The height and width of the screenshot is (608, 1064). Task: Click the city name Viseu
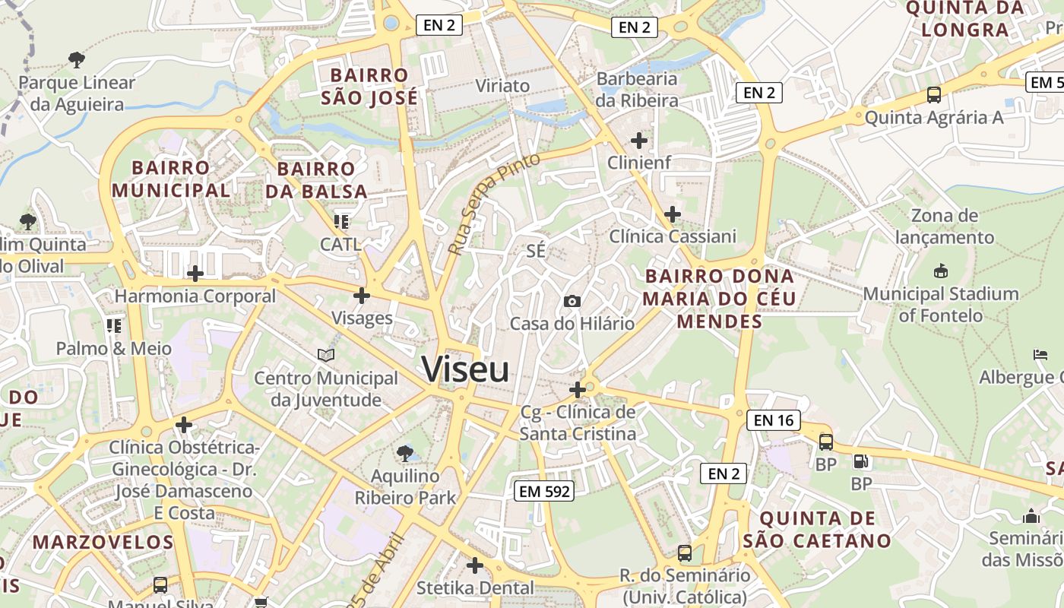465,370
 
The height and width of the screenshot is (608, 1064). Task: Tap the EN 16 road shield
774,420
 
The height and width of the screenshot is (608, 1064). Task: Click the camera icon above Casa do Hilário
572,302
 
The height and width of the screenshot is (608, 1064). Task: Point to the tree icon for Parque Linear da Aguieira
76,59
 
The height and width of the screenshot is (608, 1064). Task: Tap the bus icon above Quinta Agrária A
933,95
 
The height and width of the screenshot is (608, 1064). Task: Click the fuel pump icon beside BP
861,461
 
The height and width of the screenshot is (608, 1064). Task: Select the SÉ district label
536,251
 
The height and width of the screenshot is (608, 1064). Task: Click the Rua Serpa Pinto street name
493,203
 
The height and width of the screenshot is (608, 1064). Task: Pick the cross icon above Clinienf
639,140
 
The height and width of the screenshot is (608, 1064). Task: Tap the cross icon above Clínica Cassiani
673,214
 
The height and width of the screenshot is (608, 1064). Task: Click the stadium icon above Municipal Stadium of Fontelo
940,271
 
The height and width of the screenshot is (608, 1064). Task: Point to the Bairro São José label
369,87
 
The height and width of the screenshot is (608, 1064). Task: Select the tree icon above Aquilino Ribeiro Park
405,454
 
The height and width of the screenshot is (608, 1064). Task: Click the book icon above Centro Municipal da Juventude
325,355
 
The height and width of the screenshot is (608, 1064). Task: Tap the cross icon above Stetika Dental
475,565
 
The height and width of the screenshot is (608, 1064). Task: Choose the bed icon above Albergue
1040,355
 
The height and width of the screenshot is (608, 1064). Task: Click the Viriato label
502,85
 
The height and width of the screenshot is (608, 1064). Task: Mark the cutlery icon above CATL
340,222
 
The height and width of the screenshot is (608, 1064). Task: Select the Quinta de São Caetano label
816,530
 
